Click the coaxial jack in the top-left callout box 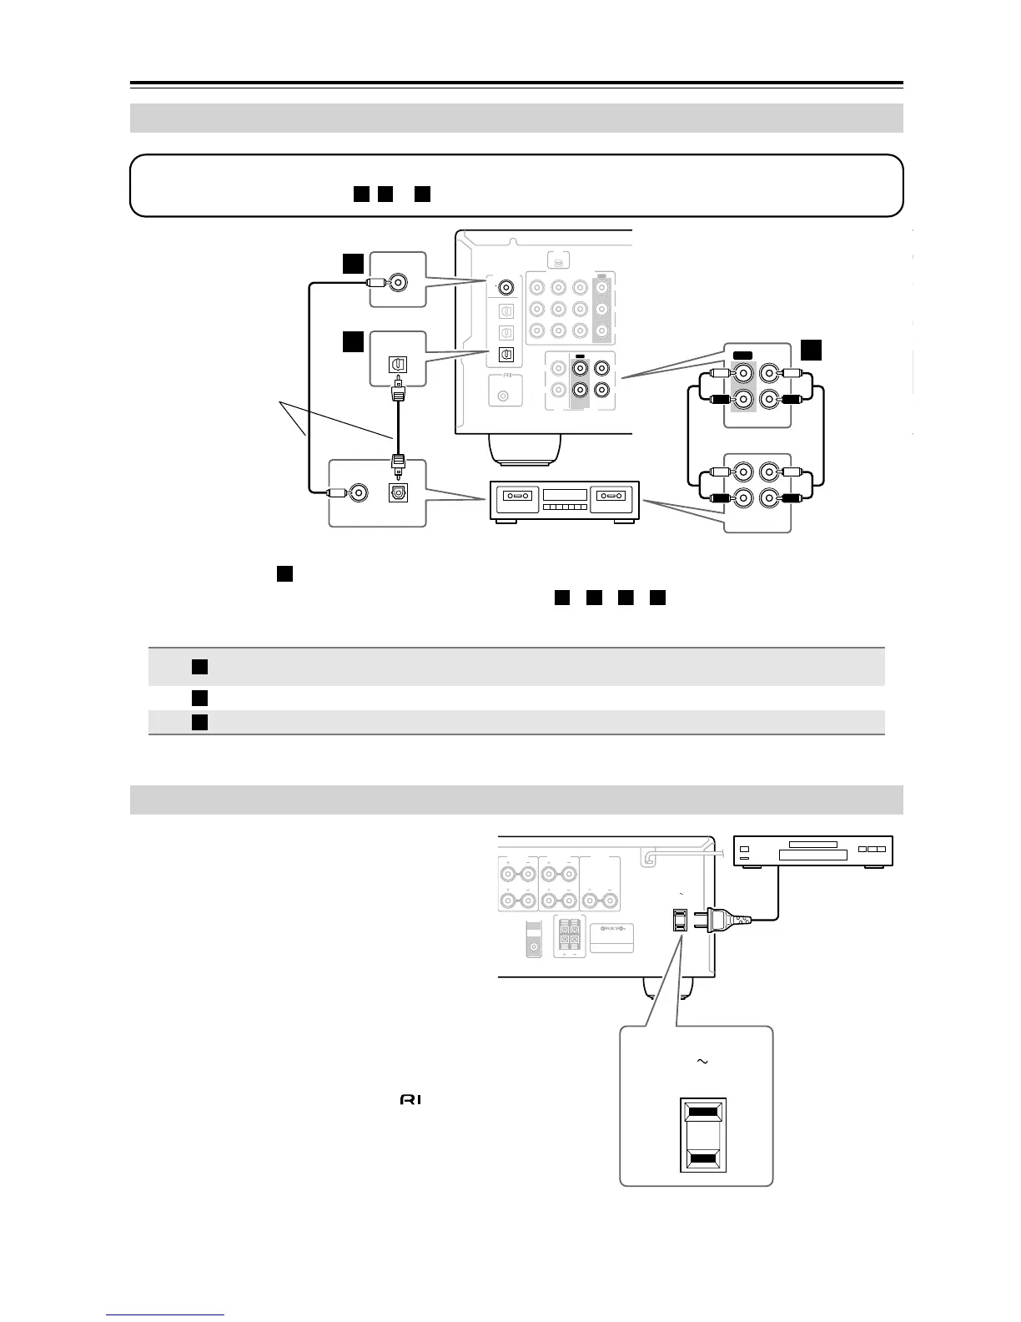tap(398, 283)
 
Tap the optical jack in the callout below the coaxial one tap(398, 365)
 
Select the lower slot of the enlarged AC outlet tap(703, 1159)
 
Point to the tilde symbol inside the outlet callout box tap(703, 1062)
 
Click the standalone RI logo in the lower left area tap(410, 1101)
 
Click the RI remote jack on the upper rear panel tap(502, 396)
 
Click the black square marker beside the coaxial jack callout tap(354, 264)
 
